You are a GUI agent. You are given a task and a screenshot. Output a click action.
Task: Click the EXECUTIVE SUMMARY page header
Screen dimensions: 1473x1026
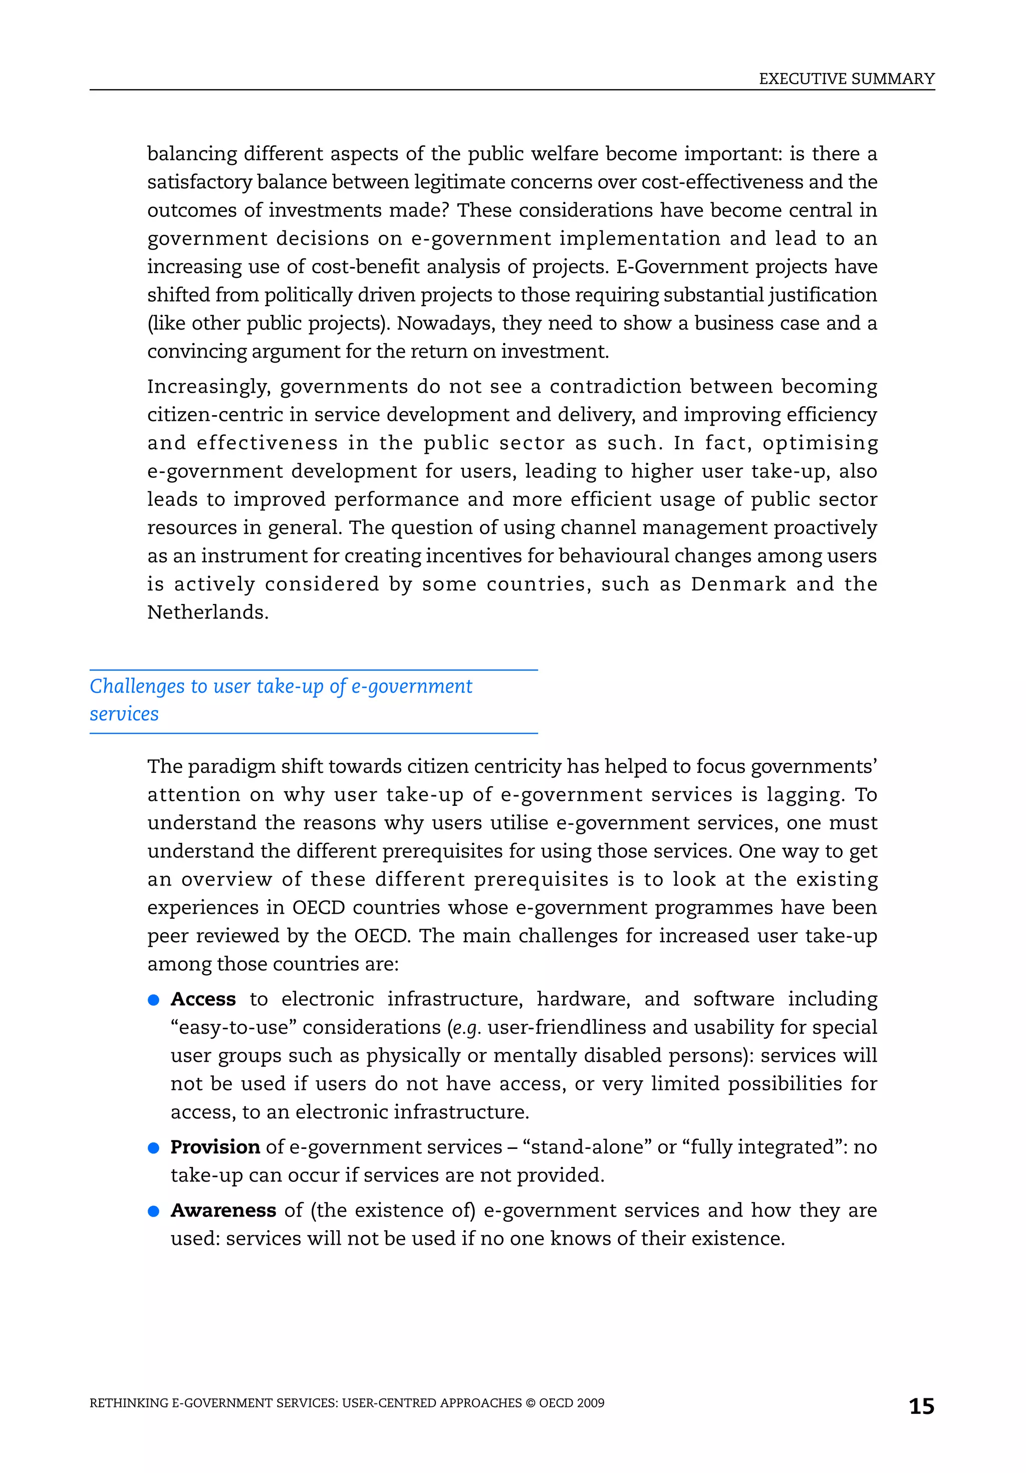[846, 79]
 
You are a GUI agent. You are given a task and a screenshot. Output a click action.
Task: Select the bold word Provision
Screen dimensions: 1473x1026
[215, 1146]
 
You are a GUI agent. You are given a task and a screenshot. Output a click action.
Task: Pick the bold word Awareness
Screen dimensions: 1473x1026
[223, 1210]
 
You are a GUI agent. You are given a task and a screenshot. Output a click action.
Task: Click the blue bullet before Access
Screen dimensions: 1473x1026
[153, 1000]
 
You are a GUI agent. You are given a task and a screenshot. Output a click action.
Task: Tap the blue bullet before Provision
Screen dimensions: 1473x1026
[153, 1148]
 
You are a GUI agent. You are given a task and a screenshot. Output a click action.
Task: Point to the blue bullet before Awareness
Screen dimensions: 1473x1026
[153, 1211]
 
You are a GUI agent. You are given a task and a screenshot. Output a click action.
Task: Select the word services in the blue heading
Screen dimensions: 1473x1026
[124, 714]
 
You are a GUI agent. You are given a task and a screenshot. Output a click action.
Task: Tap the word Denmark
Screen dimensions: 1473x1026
[738, 584]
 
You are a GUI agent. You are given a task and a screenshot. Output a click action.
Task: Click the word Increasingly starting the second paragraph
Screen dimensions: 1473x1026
[208, 387]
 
